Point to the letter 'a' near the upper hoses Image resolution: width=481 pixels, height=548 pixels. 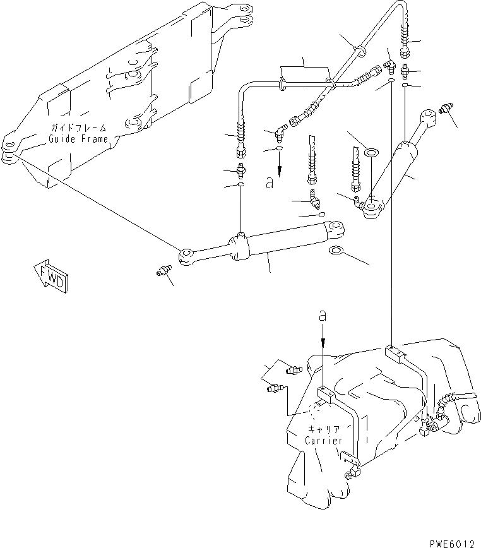click(270, 183)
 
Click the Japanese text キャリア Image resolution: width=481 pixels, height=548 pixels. click(324, 429)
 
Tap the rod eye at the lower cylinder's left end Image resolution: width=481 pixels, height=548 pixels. click(187, 256)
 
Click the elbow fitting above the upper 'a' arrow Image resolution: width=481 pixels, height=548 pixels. click(279, 134)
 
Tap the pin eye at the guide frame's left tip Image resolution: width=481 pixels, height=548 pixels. click(9, 157)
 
